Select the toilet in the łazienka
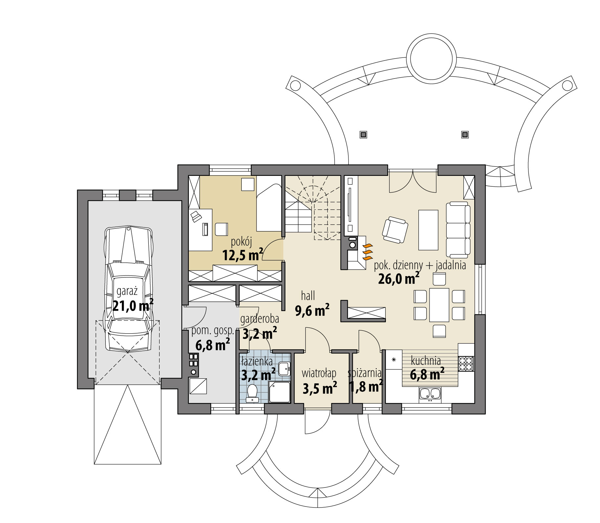[252, 393]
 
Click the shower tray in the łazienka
[279, 392]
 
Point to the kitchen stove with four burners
[466, 364]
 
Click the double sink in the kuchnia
[430, 394]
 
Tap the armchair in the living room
[395, 229]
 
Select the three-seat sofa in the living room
[458, 229]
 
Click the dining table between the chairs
[439, 305]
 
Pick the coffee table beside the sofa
[428, 230]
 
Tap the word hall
[308, 296]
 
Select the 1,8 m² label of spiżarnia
[366, 387]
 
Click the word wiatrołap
[319, 373]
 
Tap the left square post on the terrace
[363, 134]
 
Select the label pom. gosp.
[212, 331]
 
